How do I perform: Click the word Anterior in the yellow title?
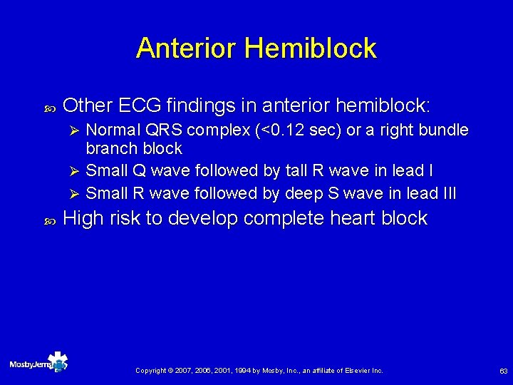click(x=187, y=48)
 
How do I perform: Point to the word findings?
click(x=212, y=106)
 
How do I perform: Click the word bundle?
click(x=444, y=130)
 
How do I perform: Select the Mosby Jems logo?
click(x=38, y=364)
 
